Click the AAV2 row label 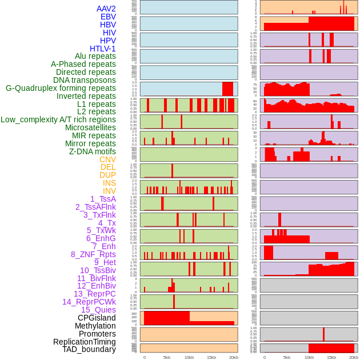click(x=106, y=9)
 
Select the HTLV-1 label click(x=103, y=49)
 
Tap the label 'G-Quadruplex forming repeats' click(x=61, y=89)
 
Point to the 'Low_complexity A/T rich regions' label click(x=58, y=119)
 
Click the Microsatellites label click(x=90, y=127)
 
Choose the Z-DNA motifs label click(x=93, y=151)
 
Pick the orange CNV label click(x=107, y=159)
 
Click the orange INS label click(x=109, y=183)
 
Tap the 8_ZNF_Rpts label click(x=93, y=254)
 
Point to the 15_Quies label click(x=98, y=310)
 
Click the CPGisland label click(x=97, y=318)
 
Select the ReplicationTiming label click(x=85, y=342)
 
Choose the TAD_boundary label click(x=89, y=349)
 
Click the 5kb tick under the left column click(x=167, y=357)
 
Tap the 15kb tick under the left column click(x=211, y=357)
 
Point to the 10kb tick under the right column click(x=309, y=357)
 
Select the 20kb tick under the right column click(x=354, y=357)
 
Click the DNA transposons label click(x=85, y=80)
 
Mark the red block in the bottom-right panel click(x=331, y=347)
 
